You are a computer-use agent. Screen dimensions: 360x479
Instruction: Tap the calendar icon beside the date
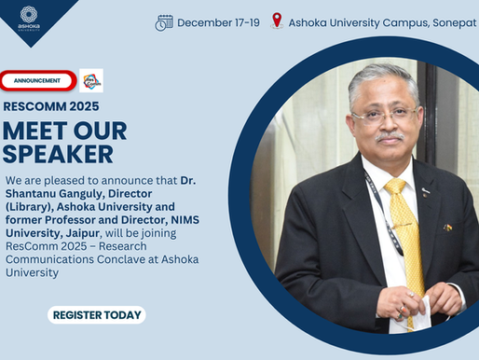click(x=164, y=21)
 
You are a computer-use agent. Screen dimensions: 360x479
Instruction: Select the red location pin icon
click(x=277, y=21)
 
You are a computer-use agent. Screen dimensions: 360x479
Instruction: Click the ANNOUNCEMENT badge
click(x=37, y=80)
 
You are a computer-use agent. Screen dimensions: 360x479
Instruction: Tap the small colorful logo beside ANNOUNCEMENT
click(x=91, y=81)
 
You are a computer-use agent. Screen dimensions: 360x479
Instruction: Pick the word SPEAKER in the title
click(x=58, y=154)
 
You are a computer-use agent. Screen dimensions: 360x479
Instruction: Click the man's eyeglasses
click(x=383, y=115)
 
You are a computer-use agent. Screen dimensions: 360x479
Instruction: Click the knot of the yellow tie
click(x=397, y=187)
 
